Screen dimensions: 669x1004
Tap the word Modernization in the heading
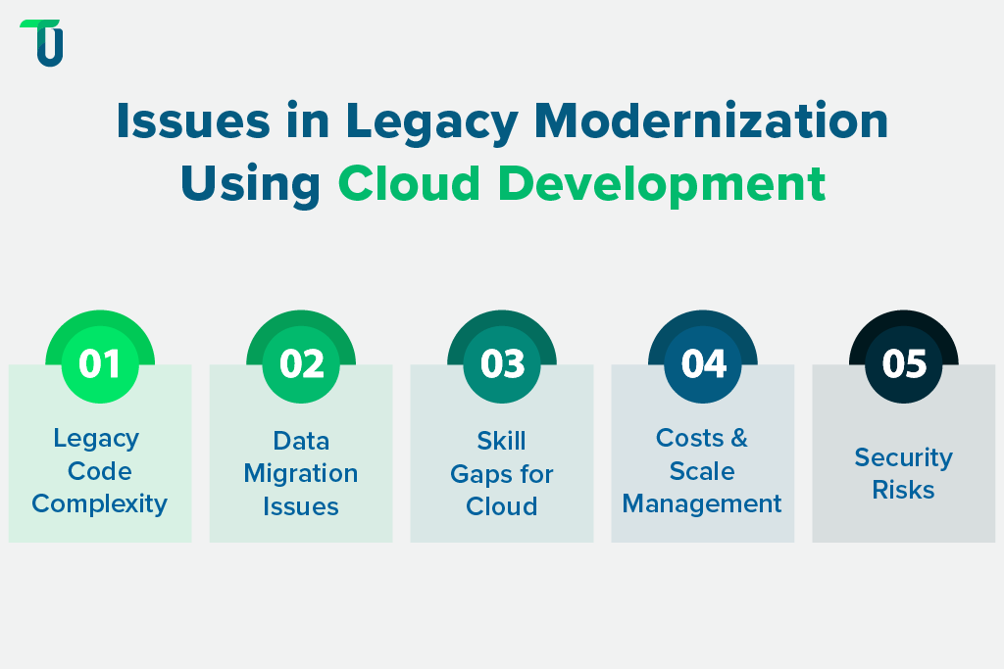click(721, 122)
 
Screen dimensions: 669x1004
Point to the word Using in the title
click(250, 183)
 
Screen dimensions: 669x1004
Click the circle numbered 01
click(100, 363)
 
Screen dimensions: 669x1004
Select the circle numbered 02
click(301, 363)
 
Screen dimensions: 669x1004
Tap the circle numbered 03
click(502, 363)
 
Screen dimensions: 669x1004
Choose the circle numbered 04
click(703, 363)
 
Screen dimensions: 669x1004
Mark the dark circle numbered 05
click(903, 363)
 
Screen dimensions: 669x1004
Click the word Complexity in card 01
click(100, 504)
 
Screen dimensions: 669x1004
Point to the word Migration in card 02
click(301, 474)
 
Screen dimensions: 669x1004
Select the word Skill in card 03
click(502, 441)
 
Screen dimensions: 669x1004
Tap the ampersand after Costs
click(738, 439)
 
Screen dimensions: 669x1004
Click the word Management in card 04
click(702, 504)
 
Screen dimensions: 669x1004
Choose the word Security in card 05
click(903, 457)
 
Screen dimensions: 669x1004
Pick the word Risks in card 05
click(903, 490)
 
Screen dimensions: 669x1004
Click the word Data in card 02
click(301, 441)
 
